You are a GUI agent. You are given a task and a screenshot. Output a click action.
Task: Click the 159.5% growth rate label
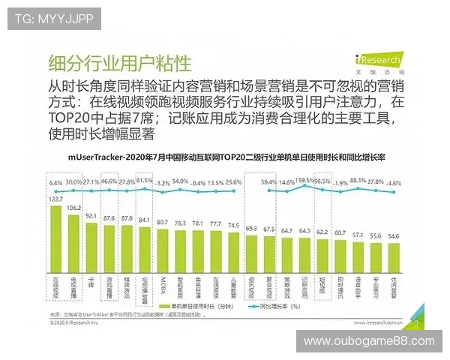tap(304, 181)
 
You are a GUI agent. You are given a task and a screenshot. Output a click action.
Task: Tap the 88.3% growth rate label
tap(357, 181)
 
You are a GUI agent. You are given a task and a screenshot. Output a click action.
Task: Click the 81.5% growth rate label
tap(145, 181)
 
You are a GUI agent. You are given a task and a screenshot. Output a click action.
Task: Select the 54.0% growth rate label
tap(180, 181)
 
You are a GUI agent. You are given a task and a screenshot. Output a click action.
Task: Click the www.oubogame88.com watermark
tap(368, 341)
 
